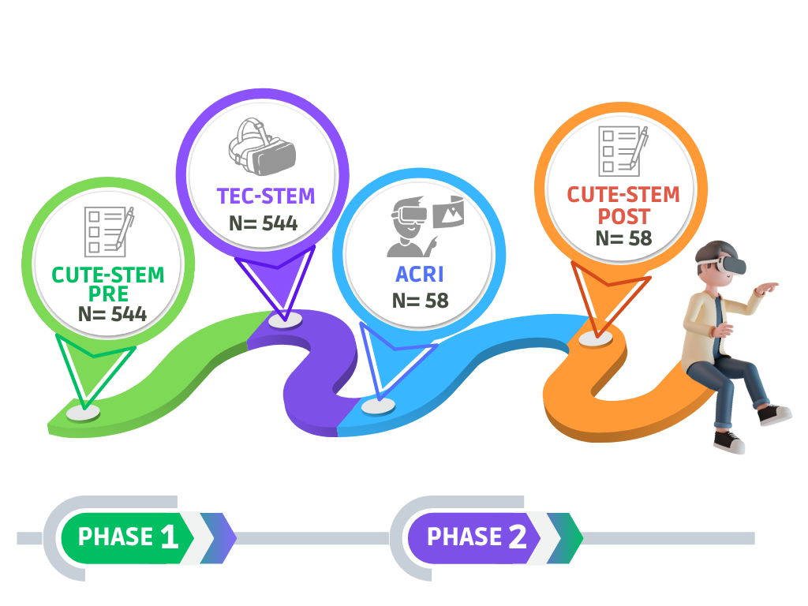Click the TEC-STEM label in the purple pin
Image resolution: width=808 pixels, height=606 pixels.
click(x=266, y=196)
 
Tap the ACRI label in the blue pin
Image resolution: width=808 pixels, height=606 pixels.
click(x=419, y=275)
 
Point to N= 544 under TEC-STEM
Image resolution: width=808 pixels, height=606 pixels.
click(x=264, y=223)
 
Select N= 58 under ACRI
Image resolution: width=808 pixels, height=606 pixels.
click(x=420, y=301)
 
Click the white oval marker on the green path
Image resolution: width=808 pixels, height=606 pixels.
click(x=83, y=412)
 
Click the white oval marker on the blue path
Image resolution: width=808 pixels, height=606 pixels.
click(x=379, y=406)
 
